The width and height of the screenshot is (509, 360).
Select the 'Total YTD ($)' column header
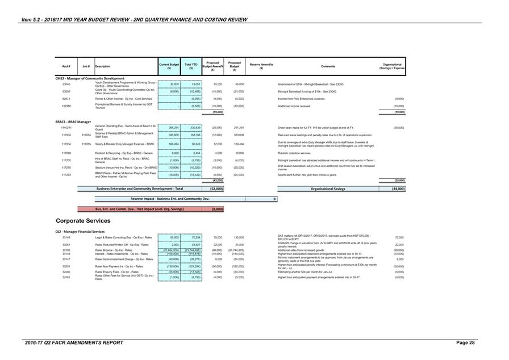pos(191,66)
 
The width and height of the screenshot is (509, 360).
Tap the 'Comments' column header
pos(328,66)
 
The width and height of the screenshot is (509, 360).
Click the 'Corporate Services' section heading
pos(83,221)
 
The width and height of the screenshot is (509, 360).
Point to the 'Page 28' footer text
pos(465,343)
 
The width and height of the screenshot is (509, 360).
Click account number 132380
pos(66,106)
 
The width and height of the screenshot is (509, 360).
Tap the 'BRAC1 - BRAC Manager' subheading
pos(73,122)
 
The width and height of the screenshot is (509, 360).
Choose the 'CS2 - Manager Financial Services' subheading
pos(80,232)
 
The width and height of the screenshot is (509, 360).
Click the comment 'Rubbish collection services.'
pos(295,153)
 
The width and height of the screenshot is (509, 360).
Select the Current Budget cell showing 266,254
pos(170,128)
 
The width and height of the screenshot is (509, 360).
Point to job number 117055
pos(86,144)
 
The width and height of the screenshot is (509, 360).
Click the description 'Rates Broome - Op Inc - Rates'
pos(114,250)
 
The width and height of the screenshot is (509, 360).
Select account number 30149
pos(66,237)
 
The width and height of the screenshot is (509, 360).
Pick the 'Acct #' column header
pos(66,66)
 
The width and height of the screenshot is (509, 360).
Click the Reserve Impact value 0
pos(274,199)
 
